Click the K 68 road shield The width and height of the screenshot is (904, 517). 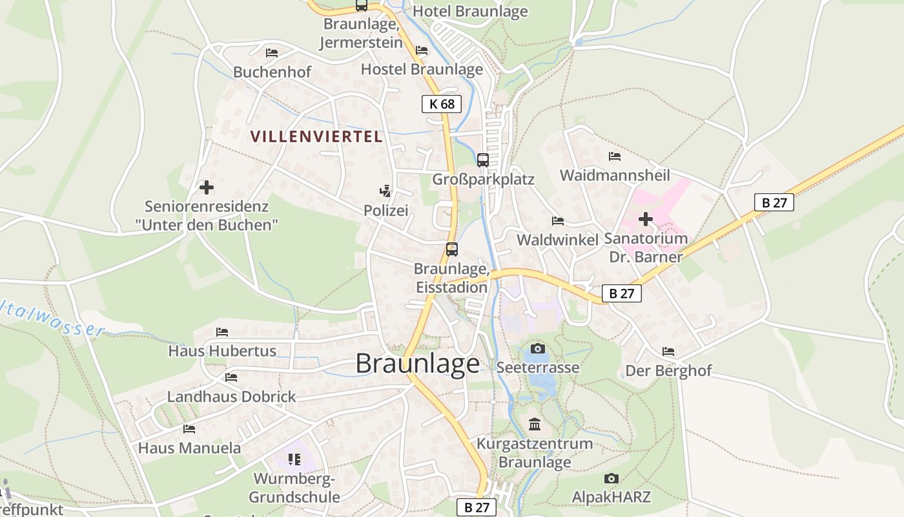(x=442, y=103)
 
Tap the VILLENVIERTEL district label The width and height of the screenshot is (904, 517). (x=316, y=136)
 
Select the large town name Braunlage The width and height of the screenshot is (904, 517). (x=418, y=364)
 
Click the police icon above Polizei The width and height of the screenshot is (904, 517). (x=385, y=191)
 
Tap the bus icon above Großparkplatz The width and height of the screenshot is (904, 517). (x=482, y=160)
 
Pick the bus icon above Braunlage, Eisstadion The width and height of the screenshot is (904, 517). (x=451, y=249)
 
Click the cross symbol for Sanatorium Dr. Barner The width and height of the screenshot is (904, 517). (x=645, y=219)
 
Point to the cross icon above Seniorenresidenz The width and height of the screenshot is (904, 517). (x=206, y=187)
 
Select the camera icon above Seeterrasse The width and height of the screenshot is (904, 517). (x=537, y=349)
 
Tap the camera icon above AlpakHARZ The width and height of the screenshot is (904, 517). (x=611, y=478)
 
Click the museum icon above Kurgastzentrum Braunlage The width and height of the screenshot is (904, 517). (x=535, y=425)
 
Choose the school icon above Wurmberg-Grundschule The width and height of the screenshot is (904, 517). (x=294, y=459)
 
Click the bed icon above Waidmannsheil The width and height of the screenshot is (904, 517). (x=615, y=156)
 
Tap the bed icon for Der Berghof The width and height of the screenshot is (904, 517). (x=668, y=352)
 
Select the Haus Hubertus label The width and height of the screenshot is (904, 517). (x=222, y=351)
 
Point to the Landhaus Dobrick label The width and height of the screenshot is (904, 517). (x=231, y=396)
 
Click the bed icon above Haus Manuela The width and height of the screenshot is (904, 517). (x=189, y=428)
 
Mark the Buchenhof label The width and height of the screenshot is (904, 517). (x=272, y=72)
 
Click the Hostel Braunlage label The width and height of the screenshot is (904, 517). (x=422, y=69)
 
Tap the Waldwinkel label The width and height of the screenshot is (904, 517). (x=558, y=240)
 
